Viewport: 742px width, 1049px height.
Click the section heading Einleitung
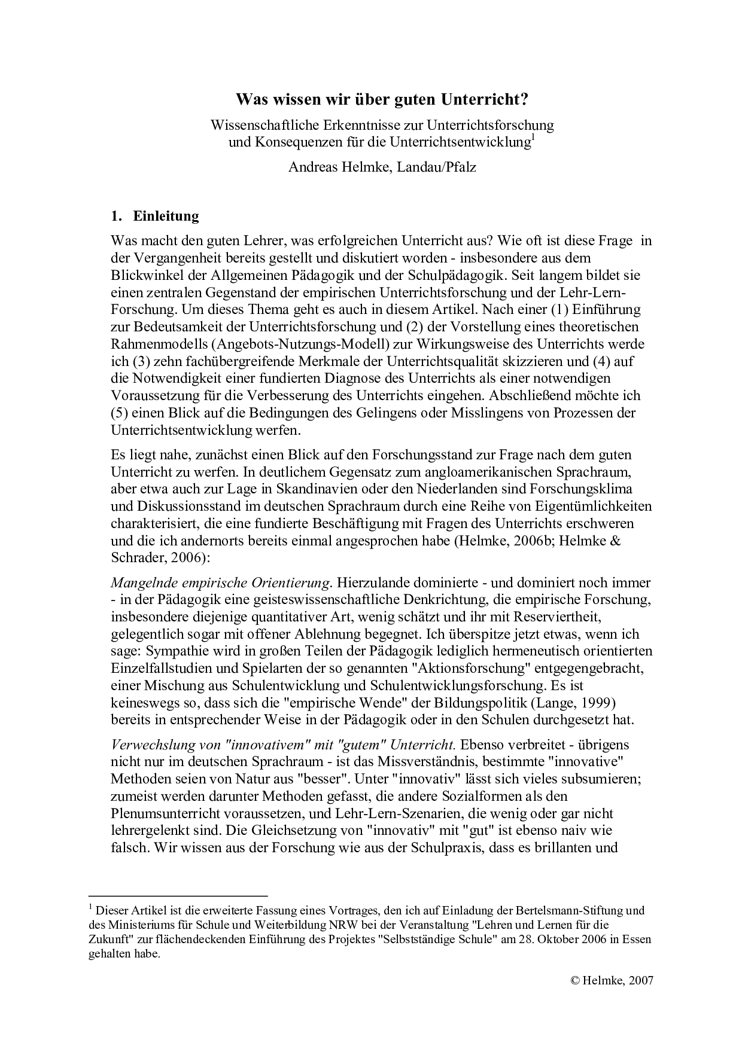coord(166,216)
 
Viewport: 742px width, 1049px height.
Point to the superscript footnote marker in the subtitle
coord(533,139)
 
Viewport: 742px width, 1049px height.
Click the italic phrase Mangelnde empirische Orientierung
coord(221,583)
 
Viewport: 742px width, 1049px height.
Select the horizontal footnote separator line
coord(178,896)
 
